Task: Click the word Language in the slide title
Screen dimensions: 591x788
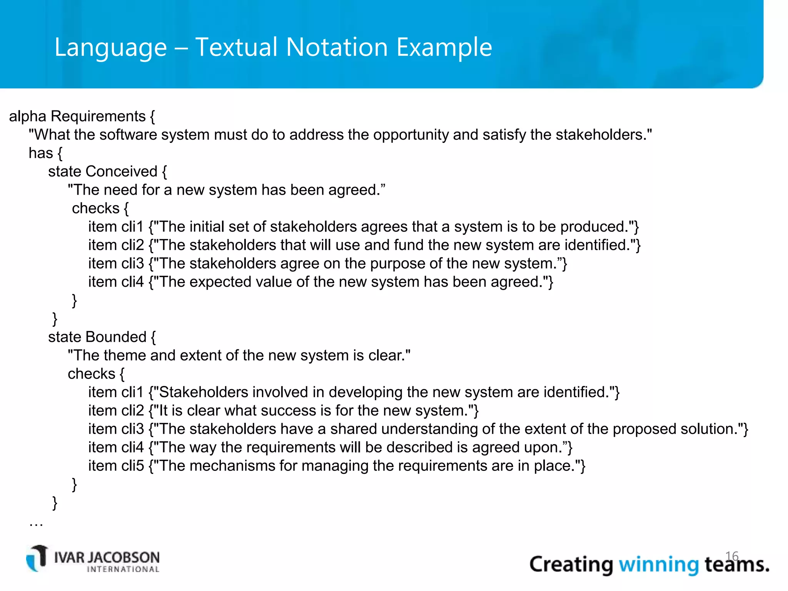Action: (x=111, y=48)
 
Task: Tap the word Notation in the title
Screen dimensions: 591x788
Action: (x=337, y=47)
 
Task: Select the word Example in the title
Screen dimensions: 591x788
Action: (x=444, y=48)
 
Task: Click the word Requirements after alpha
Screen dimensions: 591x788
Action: (x=98, y=116)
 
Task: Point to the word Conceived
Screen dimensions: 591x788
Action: (x=122, y=172)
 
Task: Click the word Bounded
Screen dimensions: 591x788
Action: (x=116, y=337)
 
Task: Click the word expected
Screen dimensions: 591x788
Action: (x=221, y=282)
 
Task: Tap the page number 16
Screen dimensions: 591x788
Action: (x=732, y=556)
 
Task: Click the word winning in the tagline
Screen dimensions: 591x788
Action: (x=658, y=564)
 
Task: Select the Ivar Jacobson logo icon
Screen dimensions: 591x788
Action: (x=37, y=558)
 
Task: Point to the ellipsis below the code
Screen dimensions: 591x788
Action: (x=36, y=524)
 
